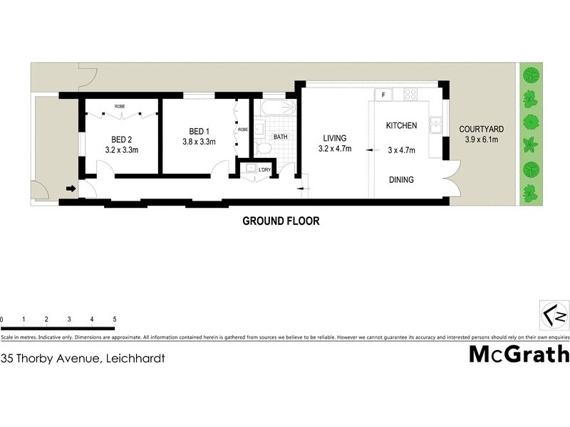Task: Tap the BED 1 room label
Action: point(199,131)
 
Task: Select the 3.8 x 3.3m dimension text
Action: point(199,142)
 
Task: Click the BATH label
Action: point(280,137)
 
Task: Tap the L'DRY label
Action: point(265,169)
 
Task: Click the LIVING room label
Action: point(334,138)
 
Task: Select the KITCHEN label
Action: point(401,126)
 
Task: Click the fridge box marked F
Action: point(383,95)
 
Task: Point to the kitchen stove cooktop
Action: point(410,94)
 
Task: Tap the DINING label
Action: point(401,180)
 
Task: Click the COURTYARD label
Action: point(482,130)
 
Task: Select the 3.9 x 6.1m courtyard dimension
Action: point(482,139)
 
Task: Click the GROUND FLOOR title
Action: point(281,221)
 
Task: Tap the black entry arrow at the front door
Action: point(70,189)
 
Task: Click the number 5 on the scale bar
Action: point(115,320)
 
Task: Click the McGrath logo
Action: point(519,354)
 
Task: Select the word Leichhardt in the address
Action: point(135,359)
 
